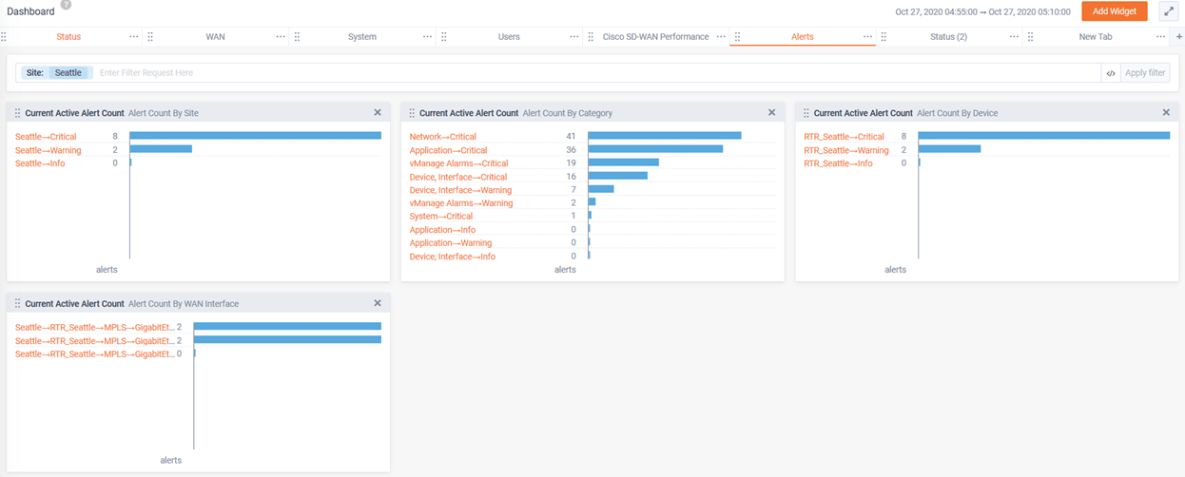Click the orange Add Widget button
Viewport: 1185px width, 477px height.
pos(1114,11)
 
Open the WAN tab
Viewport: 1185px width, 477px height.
pos(215,37)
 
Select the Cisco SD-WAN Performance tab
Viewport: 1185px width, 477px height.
pos(655,37)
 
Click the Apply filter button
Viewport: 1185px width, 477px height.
pos(1145,73)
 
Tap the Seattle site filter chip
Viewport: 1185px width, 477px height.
pos(68,73)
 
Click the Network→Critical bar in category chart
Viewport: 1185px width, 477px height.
pos(664,136)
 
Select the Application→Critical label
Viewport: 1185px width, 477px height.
pos(448,150)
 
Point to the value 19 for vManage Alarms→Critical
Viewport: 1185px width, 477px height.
pos(571,163)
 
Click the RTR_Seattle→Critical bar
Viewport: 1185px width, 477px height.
pos(1043,136)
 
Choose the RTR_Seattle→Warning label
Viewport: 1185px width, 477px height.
pos(845,150)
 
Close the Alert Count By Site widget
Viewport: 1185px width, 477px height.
pos(378,113)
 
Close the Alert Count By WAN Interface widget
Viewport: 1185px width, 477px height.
pos(378,304)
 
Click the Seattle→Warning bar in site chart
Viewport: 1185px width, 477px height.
pos(161,149)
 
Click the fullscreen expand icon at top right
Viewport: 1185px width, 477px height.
pos(1168,11)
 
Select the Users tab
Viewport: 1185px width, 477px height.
pos(509,37)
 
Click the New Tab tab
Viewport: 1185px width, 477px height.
pos(1096,37)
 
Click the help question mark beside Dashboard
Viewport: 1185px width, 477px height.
pos(66,5)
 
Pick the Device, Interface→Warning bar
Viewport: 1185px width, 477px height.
pos(601,189)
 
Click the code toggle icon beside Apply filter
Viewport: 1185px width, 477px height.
pos(1110,73)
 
